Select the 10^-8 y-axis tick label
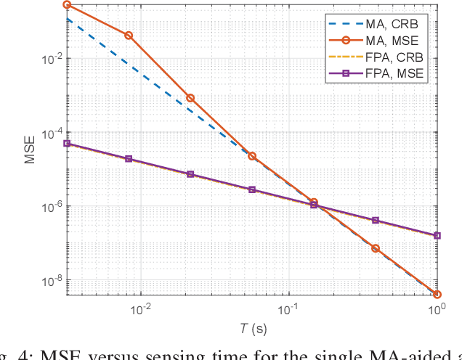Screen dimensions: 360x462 click(x=50, y=280)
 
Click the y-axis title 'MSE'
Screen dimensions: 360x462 click(x=30, y=150)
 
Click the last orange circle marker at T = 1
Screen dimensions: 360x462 click(x=437, y=295)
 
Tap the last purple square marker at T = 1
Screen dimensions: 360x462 click(x=437, y=236)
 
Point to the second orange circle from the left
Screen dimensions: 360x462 click(x=129, y=36)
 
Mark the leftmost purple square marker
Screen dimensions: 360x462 click(x=67, y=144)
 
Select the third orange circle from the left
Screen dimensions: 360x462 click(x=190, y=98)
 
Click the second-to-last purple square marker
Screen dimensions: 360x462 click(x=376, y=220)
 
